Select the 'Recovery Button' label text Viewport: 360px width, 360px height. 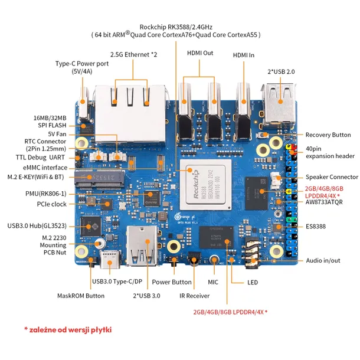(328, 135)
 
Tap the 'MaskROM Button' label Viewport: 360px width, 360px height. (81, 296)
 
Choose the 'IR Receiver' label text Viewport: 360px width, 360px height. (194, 296)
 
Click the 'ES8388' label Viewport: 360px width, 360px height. (316, 226)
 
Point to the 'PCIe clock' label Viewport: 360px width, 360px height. (51, 204)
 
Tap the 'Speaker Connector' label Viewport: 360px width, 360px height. (331, 177)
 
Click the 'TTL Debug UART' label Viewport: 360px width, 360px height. (41, 158)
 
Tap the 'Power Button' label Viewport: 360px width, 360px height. (171, 282)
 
